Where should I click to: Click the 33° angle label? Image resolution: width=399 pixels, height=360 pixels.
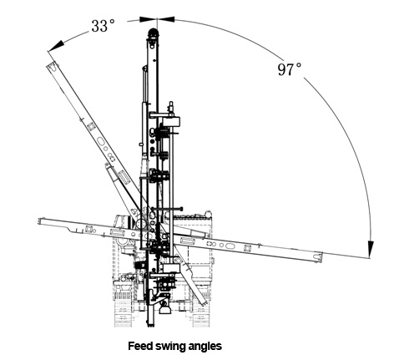coord(103,26)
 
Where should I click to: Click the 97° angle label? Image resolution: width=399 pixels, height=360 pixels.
coord(290,69)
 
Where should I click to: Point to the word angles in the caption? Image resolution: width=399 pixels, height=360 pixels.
coord(205,347)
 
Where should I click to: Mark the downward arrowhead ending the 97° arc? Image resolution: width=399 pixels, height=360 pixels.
coord(371,249)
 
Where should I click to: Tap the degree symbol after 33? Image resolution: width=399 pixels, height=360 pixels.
coord(112,22)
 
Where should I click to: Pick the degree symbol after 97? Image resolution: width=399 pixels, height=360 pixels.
coord(299,65)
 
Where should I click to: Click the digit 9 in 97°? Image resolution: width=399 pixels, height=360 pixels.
coord(282,69)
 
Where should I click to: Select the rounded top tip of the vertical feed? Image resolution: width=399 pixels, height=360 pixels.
coord(153,30)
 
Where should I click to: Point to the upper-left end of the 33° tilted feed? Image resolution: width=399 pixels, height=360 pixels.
coord(51,65)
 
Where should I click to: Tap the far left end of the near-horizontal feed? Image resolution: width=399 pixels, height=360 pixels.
coord(39,221)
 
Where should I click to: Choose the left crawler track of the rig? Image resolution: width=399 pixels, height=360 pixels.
coord(123,310)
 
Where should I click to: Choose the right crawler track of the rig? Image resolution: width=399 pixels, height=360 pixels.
coord(201,310)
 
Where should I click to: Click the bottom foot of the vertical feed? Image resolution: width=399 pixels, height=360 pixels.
coord(150,323)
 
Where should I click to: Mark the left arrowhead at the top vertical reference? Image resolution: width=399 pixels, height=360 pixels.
coord(148,19)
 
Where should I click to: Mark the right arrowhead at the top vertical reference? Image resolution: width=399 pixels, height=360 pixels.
coord(166,19)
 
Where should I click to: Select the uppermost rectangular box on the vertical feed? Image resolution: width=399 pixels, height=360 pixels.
coord(171,122)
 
